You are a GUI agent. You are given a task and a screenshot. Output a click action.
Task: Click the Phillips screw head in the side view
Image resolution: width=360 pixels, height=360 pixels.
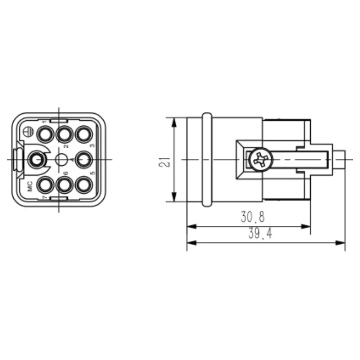[x=261, y=159]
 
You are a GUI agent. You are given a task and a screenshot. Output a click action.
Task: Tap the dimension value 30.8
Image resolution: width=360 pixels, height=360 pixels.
[x=253, y=217]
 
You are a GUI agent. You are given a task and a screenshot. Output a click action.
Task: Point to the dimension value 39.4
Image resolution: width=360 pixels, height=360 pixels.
[x=260, y=234]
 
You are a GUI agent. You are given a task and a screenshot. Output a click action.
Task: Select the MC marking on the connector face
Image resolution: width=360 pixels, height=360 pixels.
[x=30, y=186]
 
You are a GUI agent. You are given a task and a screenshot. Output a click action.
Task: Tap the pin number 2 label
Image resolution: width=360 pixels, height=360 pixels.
[x=66, y=146]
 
